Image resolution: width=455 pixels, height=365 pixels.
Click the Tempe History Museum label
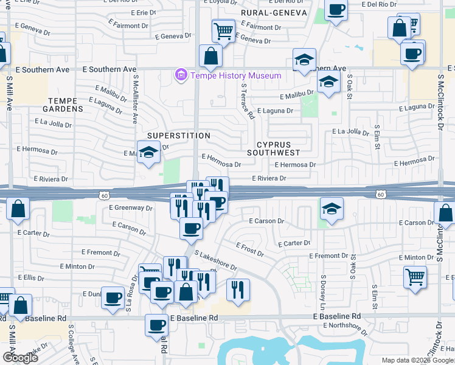[x=236, y=75]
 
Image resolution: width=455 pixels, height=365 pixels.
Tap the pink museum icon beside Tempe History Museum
[x=181, y=75]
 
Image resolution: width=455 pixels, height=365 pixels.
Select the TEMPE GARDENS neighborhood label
[x=63, y=105]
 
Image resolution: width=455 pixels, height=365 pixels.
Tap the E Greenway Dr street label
[x=130, y=207]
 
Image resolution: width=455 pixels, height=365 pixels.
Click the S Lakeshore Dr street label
[x=215, y=260]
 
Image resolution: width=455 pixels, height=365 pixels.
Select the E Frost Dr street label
[x=250, y=248]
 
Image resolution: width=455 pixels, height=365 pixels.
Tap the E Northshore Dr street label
[x=345, y=328]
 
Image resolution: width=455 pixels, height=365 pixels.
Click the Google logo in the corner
[x=21, y=358]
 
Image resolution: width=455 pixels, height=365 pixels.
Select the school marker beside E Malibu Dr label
[x=328, y=82]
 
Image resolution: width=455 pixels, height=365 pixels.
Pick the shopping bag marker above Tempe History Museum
[x=210, y=56]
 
